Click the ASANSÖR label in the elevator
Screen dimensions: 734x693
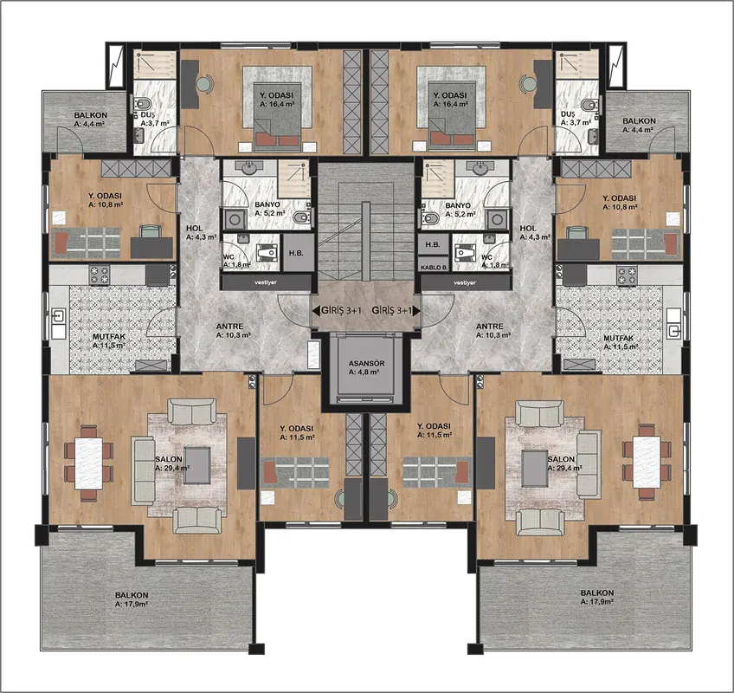[x=366, y=363]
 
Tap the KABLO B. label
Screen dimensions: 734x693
[x=434, y=268]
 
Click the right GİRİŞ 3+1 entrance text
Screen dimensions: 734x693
[x=392, y=310]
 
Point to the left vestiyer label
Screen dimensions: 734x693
[x=266, y=282]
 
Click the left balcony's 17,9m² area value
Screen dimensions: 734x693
[x=132, y=604]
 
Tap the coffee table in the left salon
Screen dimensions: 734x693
[x=197, y=465]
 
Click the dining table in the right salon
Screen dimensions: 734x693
[x=647, y=462]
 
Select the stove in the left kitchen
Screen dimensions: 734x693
[x=100, y=275]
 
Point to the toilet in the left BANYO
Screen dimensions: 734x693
[x=300, y=217]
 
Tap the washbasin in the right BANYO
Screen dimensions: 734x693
[x=479, y=168]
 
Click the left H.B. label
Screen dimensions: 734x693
[x=296, y=253]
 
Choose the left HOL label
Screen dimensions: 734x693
[x=194, y=228]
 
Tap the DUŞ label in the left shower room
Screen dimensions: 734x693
[x=148, y=114]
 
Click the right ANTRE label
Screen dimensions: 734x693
[x=490, y=326]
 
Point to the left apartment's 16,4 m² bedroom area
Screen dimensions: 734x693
[x=277, y=105]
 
